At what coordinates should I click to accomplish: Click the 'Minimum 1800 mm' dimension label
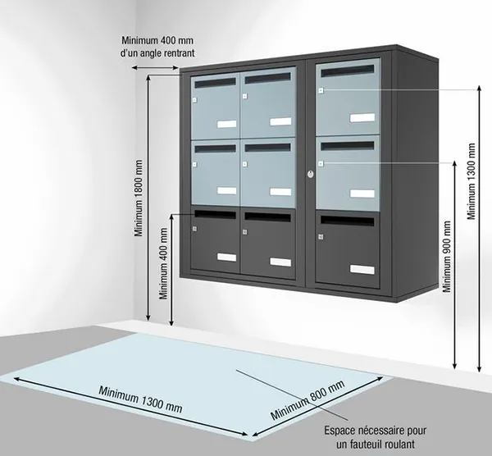pyautogui.click(x=139, y=198)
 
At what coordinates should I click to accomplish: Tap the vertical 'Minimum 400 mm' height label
pyautogui.click(x=163, y=263)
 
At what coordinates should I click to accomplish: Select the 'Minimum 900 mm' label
pyautogui.click(x=447, y=257)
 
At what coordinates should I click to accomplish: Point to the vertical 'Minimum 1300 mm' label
pyautogui.click(x=471, y=181)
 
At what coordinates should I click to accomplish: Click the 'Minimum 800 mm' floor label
pyautogui.click(x=307, y=399)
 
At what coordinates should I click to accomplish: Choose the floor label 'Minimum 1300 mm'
pyautogui.click(x=140, y=399)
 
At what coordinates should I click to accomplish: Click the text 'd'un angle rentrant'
pyautogui.click(x=157, y=53)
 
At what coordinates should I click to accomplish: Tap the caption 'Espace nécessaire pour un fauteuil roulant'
pyautogui.click(x=376, y=437)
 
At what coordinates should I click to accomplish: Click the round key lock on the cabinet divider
pyautogui.click(x=310, y=174)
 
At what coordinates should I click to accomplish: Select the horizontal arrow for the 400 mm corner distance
pyautogui.click(x=155, y=67)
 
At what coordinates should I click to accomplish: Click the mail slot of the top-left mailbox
pyautogui.click(x=215, y=83)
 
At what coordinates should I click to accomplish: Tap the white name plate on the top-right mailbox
pyautogui.click(x=362, y=117)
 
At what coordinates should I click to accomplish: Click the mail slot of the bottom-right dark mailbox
pyautogui.click(x=348, y=221)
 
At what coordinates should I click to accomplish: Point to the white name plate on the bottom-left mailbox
pyautogui.click(x=227, y=258)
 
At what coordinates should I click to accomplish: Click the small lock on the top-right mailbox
pyautogui.click(x=321, y=90)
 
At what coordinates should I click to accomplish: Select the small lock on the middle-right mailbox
pyautogui.click(x=321, y=163)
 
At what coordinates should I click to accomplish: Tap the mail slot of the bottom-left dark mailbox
pyautogui.click(x=215, y=215)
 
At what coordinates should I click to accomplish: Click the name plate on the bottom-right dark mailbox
pyautogui.click(x=362, y=270)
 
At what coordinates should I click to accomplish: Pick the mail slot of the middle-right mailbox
pyautogui.click(x=348, y=146)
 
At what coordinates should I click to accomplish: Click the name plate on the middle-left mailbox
pyautogui.click(x=227, y=191)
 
